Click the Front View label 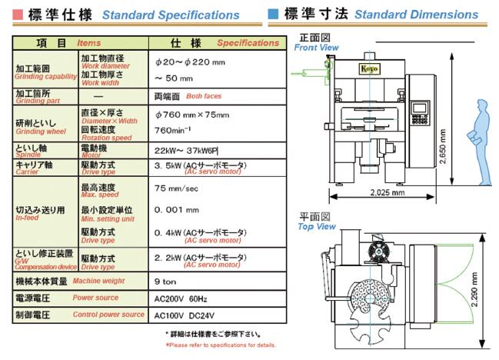[316, 48]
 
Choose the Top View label [316, 227]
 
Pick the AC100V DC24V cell [181, 315]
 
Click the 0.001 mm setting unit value [177, 208]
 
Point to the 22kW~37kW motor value [187, 150]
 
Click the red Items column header [89, 43]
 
